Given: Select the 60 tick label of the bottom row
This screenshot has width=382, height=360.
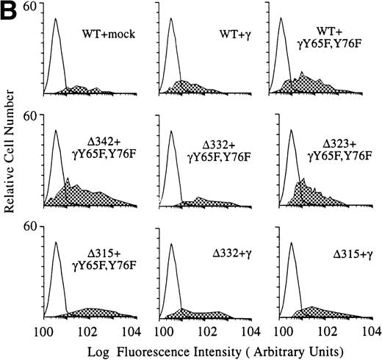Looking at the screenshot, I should pos(32,227).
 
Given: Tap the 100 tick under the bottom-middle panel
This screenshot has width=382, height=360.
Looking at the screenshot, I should pos(162,330).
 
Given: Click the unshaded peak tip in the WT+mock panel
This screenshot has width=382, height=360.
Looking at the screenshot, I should pos(56,19).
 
